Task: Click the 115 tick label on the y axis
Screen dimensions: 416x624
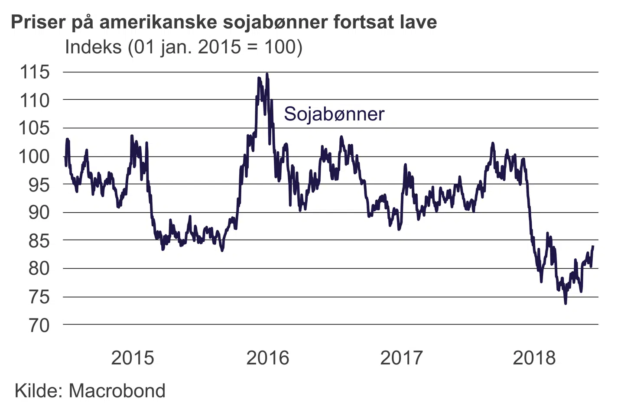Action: (x=35, y=72)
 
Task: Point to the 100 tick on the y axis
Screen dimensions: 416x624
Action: (x=35, y=156)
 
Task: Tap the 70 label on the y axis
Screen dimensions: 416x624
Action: (x=39, y=325)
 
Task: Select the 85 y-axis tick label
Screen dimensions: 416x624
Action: (x=39, y=241)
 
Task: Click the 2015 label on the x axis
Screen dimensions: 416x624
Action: (x=133, y=358)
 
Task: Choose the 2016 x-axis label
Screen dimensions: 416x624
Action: (x=267, y=358)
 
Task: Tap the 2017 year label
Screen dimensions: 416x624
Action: (x=401, y=358)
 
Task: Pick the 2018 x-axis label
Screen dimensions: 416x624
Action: (x=534, y=358)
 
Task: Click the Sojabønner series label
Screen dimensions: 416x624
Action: (x=334, y=114)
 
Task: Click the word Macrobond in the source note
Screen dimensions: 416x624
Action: (x=117, y=391)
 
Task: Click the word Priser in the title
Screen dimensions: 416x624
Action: (x=37, y=22)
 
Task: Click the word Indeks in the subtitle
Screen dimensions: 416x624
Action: (x=93, y=47)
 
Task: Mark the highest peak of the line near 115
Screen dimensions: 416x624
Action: (x=267, y=75)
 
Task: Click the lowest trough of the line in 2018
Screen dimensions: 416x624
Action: (x=565, y=303)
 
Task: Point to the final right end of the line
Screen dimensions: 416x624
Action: (x=593, y=247)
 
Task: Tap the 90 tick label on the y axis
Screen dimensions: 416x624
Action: (x=39, y=213)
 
